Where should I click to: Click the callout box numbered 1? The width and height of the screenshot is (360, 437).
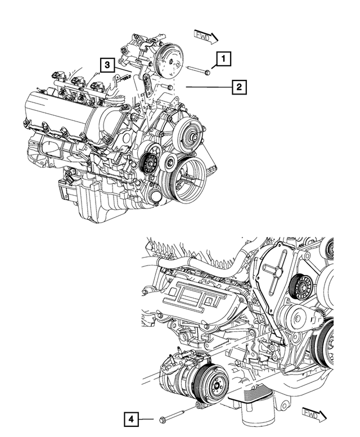pos(223,58)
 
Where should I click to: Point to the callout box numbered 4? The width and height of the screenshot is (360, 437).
pos(130,418)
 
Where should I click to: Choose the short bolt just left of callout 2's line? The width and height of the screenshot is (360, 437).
pos(169,88)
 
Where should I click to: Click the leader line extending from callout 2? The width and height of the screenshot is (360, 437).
pos(208,87)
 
